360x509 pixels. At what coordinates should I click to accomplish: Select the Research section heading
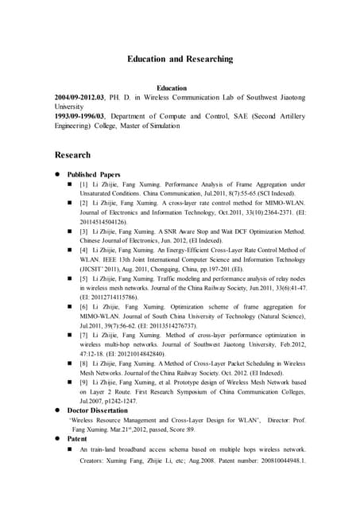pos(72,155)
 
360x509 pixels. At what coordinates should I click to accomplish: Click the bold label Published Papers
pos(94,174)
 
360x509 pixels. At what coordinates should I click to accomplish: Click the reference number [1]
pos(83,185)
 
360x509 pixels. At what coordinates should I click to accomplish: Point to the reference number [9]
pos(83,383)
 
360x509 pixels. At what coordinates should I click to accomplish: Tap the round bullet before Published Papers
pos(57,174)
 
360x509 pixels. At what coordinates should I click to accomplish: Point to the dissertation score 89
pos(213,429)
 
